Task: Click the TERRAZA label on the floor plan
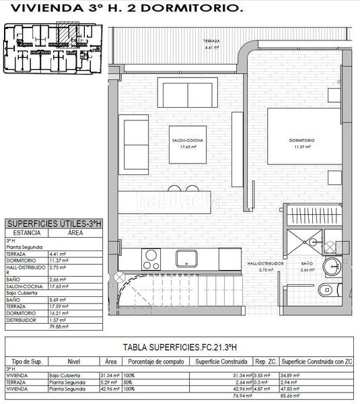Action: (x=213, y=42)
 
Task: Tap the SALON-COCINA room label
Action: (x=187, y=140)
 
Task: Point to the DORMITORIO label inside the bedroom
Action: (x=302, y=140)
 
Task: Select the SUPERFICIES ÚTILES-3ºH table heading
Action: (x=53, y=224)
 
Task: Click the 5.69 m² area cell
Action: (x=58, y=299)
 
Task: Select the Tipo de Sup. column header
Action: (x=24, y=361)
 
